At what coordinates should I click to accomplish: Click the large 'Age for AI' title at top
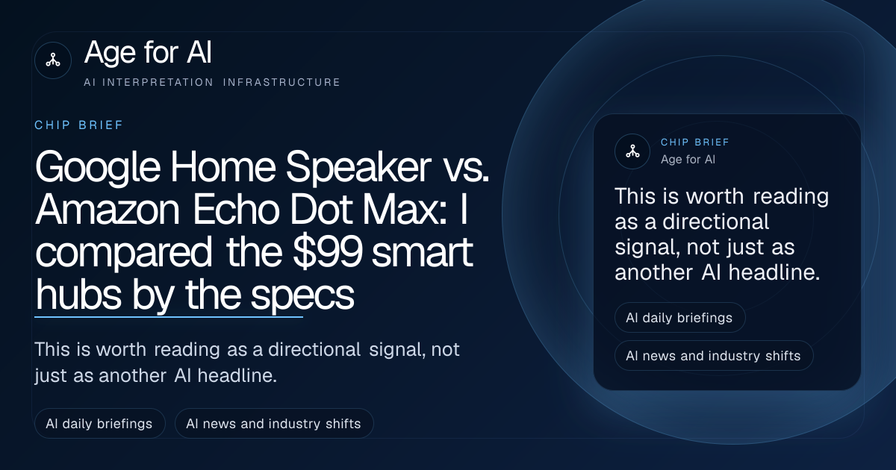[x=148, y=52]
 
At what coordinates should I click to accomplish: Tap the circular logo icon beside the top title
[x=53, y=60]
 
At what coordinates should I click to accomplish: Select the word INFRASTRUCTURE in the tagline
[x=281, y=82]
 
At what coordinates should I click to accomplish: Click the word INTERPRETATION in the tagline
[x=158, y=82]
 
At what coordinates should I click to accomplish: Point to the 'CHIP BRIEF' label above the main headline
[x=79, y=125]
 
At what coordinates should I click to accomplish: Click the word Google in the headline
[x=98, y=168]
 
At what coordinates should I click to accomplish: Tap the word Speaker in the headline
[x=358, y=167]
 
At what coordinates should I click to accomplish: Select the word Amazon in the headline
[x=108, y=210]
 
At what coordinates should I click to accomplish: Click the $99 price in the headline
[x=327, y=253]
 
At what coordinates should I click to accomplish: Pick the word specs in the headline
[x=302, y=295]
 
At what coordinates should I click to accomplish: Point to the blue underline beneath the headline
[x=169, y=317]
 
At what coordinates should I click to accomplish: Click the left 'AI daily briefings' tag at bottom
[x=99, y=424]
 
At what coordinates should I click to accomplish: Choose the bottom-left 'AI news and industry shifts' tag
[x=274, y=424]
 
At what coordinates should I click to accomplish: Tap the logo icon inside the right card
[x=632, y=151]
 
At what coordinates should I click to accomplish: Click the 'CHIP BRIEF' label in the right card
[x=695, y=142]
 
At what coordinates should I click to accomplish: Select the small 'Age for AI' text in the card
[x=688, y=160]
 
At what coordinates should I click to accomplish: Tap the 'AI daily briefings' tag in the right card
[x=680, y=318]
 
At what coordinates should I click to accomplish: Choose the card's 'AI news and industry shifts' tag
[x=714, y=356]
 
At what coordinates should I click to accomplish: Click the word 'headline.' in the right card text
[x=774, y=272]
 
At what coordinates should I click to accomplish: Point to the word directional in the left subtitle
[x=314, y=350]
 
